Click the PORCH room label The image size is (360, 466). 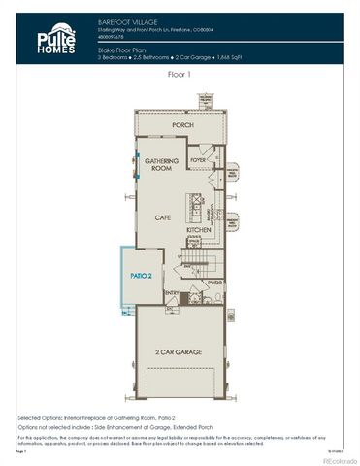pyautogui.click(x=180, y=125)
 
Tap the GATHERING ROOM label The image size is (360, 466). pyautogui.click(x=157, y=164)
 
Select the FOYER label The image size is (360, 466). pyautogui.click(x=199, y=159)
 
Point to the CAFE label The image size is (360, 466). pyautogui.click(x=161, y=218)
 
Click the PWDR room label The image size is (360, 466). pyautogui.click(x=214, y=283)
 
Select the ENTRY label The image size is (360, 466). pyautogui.click(x=172, y=291)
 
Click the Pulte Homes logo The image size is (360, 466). pyautogui.click(x=55, y=40)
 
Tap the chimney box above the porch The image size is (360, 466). pyautogui.click(x=205, y=100)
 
